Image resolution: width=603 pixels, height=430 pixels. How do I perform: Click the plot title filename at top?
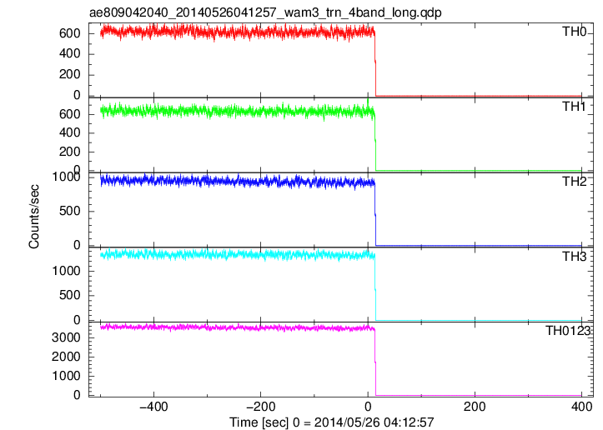(x=265, y=12)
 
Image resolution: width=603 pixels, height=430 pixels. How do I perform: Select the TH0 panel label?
(x=574, y=32)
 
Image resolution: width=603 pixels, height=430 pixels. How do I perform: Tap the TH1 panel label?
(x=574, y=107)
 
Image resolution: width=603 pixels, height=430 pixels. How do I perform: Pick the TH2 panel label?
(x=574, y=182)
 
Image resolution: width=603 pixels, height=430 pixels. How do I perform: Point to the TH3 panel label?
(x=574, y=256)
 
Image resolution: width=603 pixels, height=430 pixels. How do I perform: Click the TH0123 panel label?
(x=568, y=331)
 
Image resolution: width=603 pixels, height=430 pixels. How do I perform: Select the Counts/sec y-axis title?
(x=34, y=217)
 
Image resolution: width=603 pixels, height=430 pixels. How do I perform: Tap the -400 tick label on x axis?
(x=153, y=407)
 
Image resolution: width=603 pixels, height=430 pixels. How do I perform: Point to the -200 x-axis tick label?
(x=260, y=407)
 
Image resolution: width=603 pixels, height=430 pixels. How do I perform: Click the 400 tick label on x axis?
(x=581, y=407)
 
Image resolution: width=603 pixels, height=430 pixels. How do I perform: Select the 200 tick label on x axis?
(x=475, y=407)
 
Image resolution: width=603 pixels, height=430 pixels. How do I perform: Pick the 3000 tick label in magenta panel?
(x=66, y=337)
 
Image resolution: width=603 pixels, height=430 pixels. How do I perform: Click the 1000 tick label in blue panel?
(x=66, y=177)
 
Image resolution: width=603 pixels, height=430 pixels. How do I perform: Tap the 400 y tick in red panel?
(x=69, y=54)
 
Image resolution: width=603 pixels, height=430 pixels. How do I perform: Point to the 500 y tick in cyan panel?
(x=69, y=296)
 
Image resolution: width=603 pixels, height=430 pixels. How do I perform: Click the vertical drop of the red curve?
(x=375, y=64)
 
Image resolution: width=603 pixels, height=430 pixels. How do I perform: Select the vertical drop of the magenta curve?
(x=375, y=362)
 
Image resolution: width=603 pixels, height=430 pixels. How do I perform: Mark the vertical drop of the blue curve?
(x=375, y=214)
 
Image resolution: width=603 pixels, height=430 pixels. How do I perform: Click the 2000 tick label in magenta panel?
(x=66, y=357)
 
